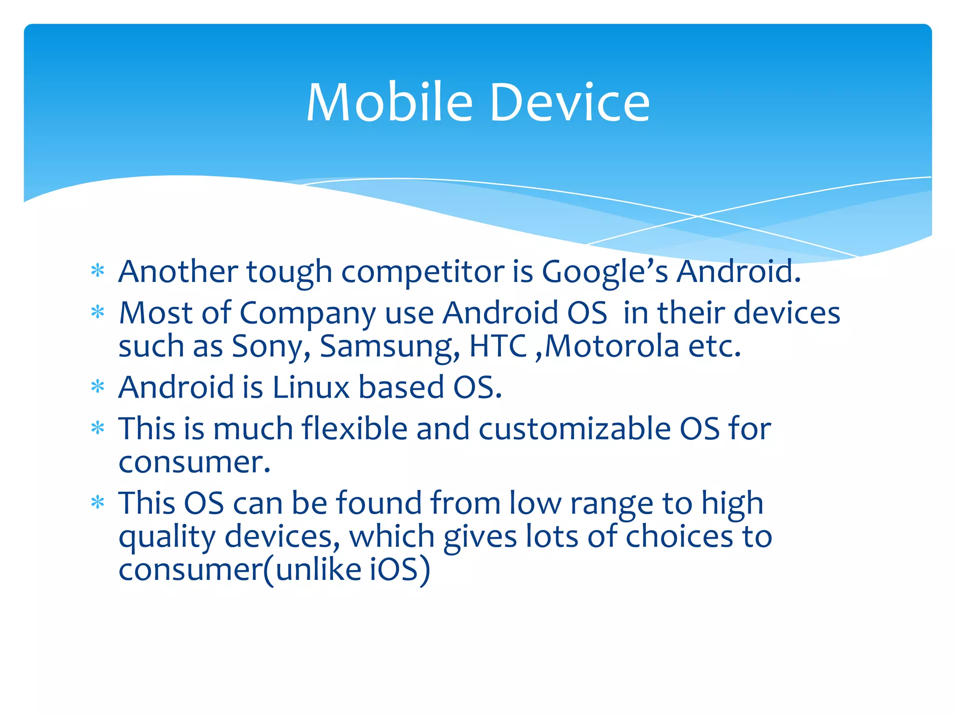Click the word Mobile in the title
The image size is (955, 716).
pos(389,103)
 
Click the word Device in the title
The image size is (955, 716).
pos(569,103)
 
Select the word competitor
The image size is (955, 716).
pos(422,272)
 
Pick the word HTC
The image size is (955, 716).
pos(498,346)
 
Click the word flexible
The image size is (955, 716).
pos(354,428)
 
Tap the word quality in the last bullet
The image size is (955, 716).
pos(167,537)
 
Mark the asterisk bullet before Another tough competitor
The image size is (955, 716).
pos(98,270)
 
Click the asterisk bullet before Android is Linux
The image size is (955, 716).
pos(98,386)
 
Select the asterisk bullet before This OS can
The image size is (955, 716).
pos(98,503)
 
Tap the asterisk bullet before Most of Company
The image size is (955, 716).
pos(98,311)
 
